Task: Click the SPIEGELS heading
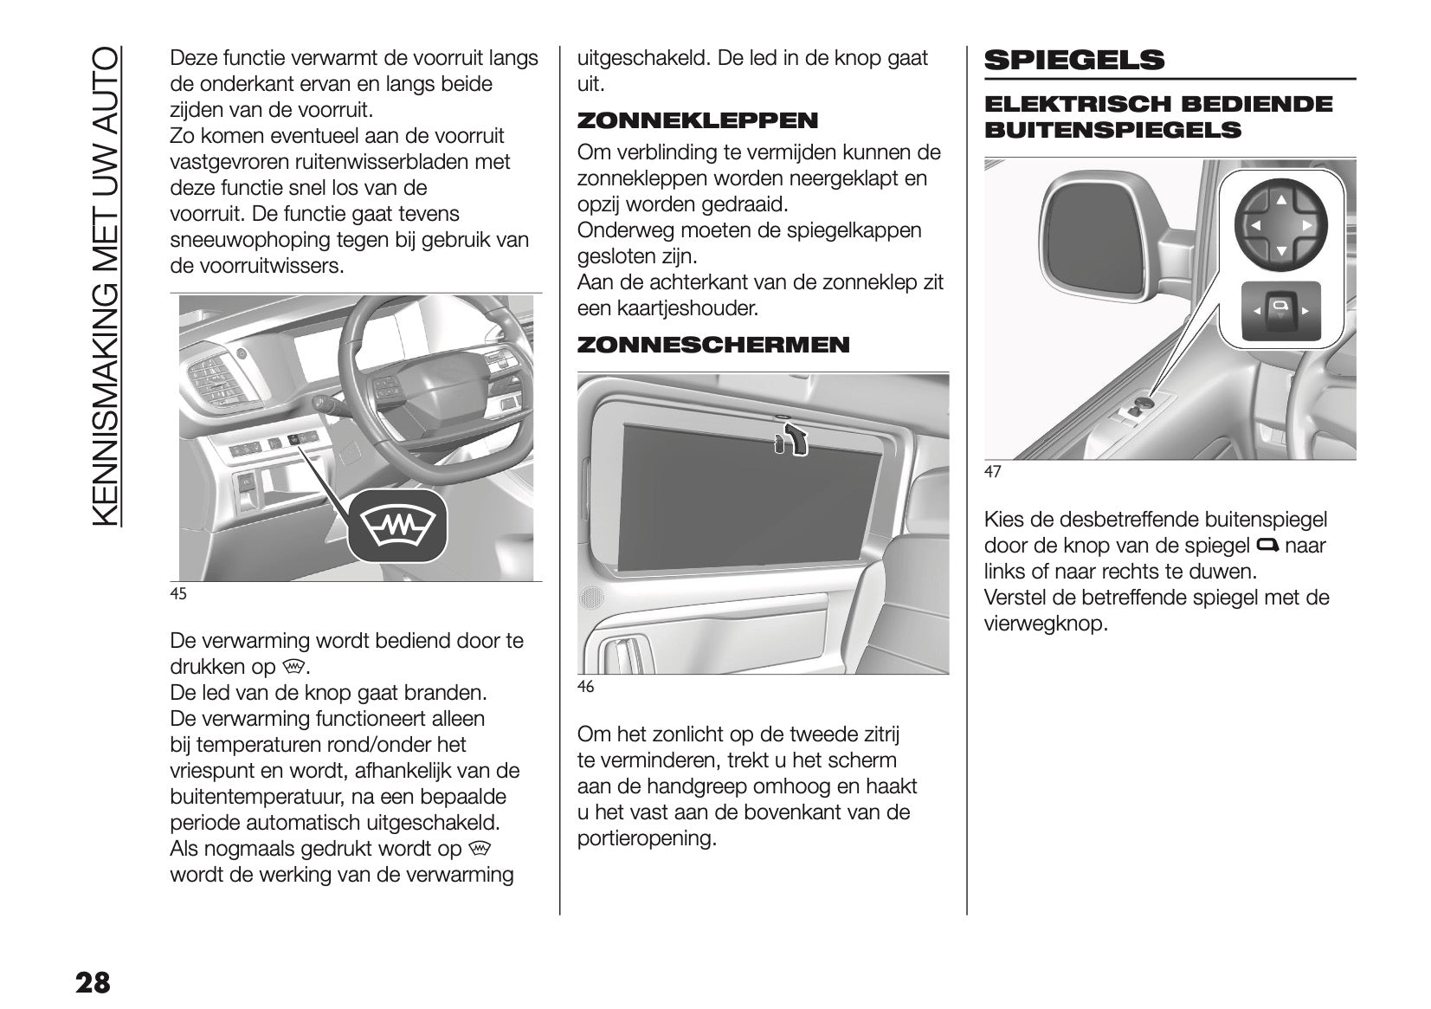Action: point(1074,60)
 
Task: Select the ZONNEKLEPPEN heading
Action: point(697,120)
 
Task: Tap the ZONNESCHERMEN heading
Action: point(713,345)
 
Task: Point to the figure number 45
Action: point(178,593)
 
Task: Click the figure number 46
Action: point(586,687)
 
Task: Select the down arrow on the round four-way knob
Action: point(1280,251)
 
